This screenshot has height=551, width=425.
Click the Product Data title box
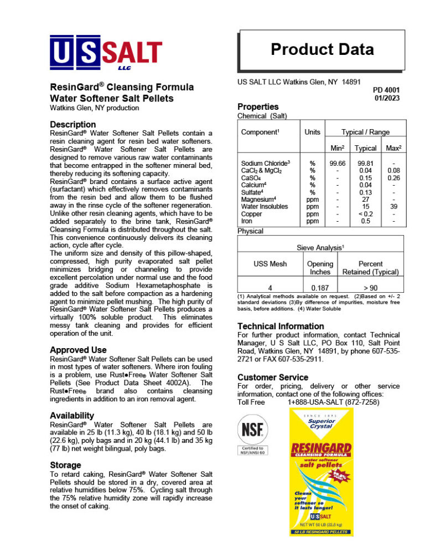322,50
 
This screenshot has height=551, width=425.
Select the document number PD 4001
386,90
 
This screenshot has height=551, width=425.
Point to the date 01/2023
387,98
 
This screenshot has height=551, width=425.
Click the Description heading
72,124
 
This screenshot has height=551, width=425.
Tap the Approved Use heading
78,350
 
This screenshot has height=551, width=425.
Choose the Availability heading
72,415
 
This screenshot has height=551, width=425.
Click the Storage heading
65,465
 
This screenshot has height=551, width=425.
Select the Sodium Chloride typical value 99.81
365,164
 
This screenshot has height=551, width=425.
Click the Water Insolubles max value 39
394,206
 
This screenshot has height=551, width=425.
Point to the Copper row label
251,213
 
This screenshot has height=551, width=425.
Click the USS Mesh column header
270,264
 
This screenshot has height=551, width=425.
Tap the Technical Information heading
281,326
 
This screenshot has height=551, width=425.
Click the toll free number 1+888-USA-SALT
334,401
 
